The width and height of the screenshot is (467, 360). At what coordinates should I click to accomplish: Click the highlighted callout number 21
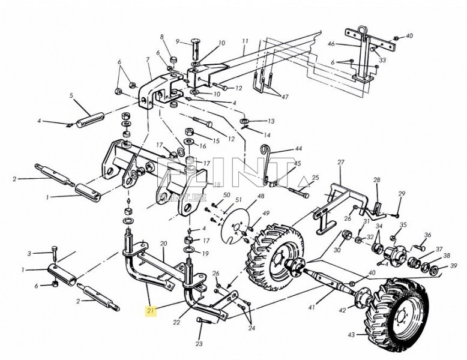151,310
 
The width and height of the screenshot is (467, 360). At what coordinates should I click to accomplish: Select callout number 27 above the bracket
340,163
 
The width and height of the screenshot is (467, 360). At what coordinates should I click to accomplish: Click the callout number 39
454,266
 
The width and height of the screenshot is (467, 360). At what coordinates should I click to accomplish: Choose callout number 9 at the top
178,41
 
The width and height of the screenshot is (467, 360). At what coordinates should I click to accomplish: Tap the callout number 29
402,193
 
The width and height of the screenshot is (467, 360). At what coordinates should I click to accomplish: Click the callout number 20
163,244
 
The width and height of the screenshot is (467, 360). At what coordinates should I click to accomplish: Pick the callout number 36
427,235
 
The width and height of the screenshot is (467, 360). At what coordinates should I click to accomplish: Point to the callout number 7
148,60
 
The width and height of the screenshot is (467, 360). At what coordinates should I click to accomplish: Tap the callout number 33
382,60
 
